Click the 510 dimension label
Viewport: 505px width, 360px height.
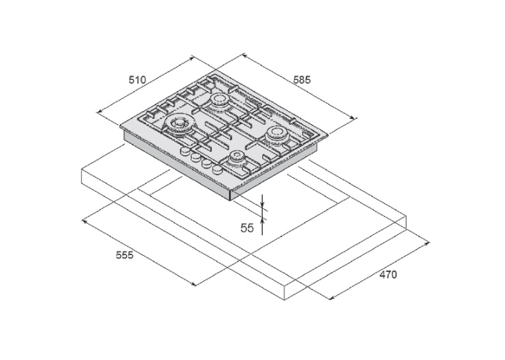point(137,80)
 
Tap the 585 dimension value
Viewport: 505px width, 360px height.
point(302,80)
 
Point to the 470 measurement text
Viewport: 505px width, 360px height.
point(388,275)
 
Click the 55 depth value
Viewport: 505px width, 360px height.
point(248,228)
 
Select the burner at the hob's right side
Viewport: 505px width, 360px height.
point(276,134)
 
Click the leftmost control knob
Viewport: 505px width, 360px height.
point(185,151)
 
